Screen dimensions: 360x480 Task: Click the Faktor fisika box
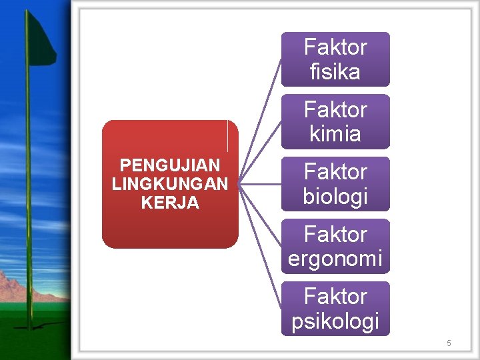(335, 59)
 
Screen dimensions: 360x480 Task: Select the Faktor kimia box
(335, 121)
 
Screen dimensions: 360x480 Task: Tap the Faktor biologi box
(335, 184)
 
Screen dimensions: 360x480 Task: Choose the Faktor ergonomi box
(335, 246)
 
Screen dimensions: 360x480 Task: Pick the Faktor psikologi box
(335, 308)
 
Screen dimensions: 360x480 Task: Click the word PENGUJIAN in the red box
(170, 165)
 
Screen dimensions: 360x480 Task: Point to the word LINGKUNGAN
(170, 184)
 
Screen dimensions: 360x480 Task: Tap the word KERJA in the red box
(170, 203)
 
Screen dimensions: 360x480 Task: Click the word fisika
(335, 72)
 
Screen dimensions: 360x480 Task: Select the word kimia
(335, 134)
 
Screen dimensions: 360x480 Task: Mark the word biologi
(335, 197)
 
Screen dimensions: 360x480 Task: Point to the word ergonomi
(335, 259)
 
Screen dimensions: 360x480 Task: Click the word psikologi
(335, 321)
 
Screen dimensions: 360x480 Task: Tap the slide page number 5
(449, 343)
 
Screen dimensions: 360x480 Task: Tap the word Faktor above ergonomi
(335, 235)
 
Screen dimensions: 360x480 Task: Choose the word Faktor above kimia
(335, 109)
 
